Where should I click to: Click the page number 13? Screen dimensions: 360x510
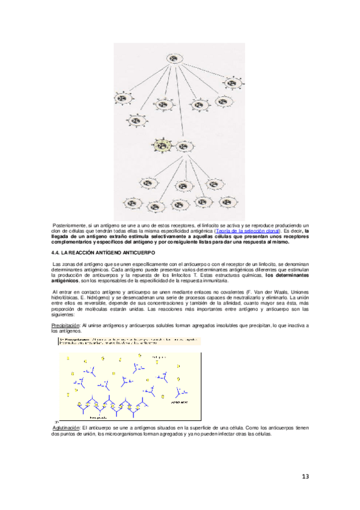pos(305,477)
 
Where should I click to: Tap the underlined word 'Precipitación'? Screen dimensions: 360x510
pos(66,325)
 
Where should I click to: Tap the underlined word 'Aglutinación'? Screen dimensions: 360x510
pos(66,426)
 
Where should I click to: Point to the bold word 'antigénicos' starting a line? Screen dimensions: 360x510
pos(65,281)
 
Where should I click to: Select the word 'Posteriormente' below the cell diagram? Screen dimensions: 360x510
pos(70,224)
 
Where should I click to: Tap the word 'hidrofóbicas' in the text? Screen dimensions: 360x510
pos(66,297)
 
